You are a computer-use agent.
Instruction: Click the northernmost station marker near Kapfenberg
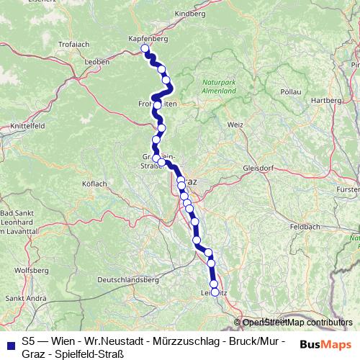click(x=145, y=49)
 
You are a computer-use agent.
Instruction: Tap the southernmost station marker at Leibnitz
click(x=215, y=292)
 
